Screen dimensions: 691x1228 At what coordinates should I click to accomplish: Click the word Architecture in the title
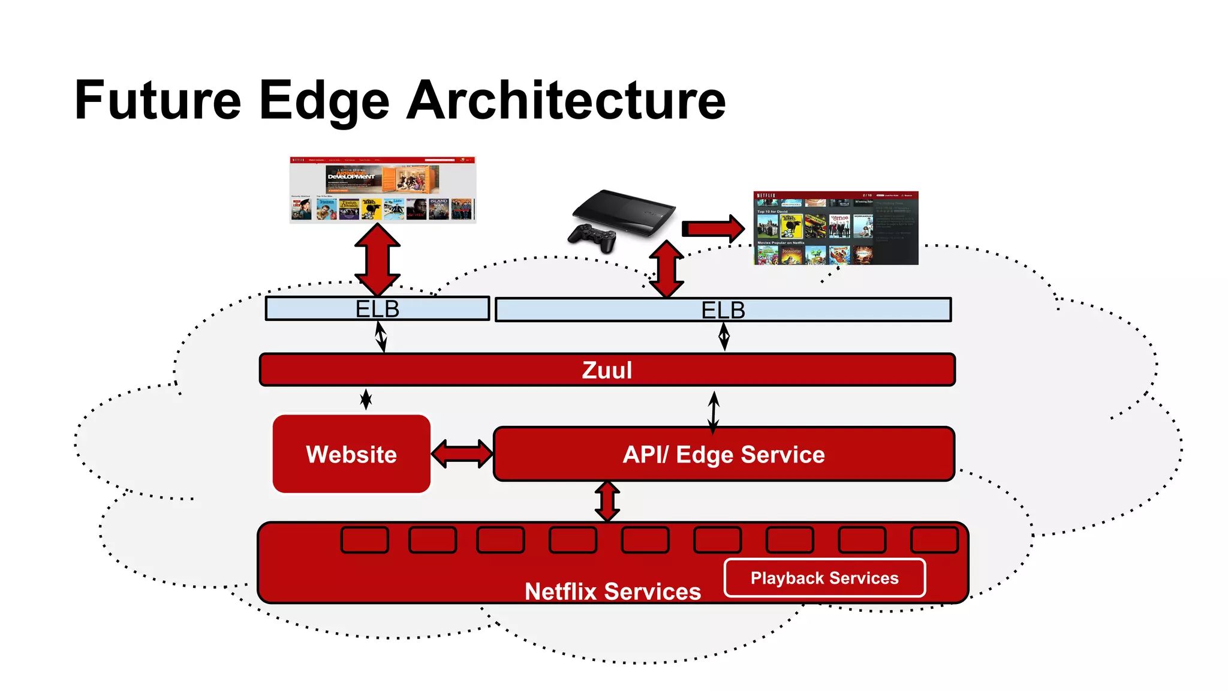[x=566, y=100]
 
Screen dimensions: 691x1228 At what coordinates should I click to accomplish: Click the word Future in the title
[x=157, y=100]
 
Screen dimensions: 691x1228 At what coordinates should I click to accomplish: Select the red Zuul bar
[x=607, y=369]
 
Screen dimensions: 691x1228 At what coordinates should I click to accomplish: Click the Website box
[x=351, y=454]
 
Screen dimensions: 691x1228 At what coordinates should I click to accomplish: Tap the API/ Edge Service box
[x=723, y=454]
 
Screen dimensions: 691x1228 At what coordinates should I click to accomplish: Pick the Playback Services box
[x=824, y=578]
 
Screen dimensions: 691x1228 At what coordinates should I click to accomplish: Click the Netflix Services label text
[x=612, y=591]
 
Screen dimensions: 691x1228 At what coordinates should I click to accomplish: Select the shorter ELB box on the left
[x=377, y=309]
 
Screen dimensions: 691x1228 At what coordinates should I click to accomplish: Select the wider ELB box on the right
[x=723, y=310]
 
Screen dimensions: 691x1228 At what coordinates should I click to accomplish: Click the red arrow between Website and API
[x=462, y=454]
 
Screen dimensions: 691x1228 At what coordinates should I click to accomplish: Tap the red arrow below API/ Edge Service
[x=607, y=501]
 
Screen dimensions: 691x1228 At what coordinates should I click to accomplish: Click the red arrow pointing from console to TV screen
[x=712, y=229]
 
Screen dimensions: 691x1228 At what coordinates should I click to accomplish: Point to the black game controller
[x=592, y=238]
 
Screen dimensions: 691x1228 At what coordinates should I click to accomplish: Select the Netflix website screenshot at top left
[x=383, y=190]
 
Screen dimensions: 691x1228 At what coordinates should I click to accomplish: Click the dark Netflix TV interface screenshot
[x=835, y=228]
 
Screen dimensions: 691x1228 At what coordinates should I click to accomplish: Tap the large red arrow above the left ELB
[x=377, y=259]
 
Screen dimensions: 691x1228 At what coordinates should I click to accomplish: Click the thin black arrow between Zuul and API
[x=714, y=412]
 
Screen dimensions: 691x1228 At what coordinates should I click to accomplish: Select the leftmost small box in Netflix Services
[x=365, y=540]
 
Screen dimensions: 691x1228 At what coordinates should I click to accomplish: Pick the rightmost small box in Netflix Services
[x=934, y=540]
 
